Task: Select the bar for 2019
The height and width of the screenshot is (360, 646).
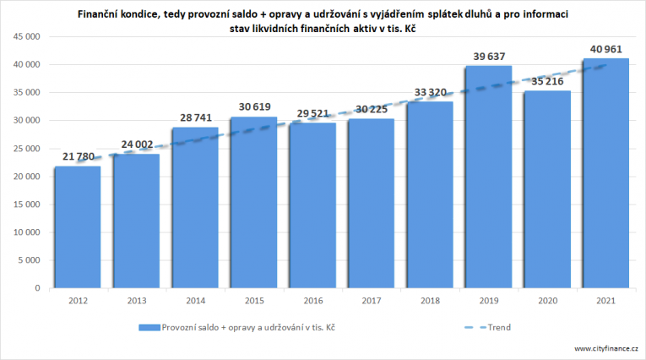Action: (x=488, y=177)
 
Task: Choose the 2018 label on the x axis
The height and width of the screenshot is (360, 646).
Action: (x=428, y=299)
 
